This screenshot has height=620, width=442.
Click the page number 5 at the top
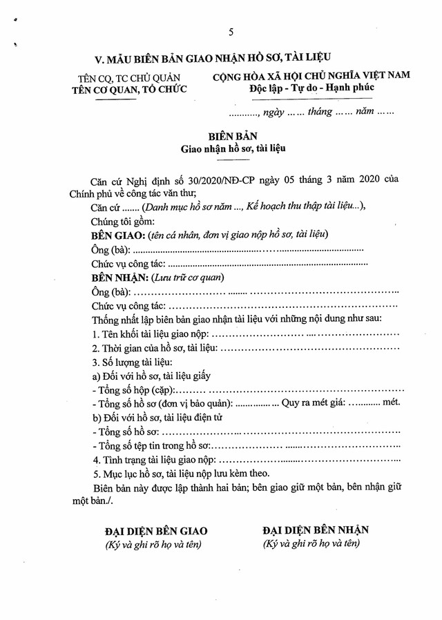[x=231, y=32]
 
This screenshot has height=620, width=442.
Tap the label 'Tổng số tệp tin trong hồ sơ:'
[x=155, y=446]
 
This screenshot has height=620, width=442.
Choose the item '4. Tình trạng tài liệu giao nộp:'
[x=155, y=460]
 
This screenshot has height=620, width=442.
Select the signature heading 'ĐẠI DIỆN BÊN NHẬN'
[x=315, y=530]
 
